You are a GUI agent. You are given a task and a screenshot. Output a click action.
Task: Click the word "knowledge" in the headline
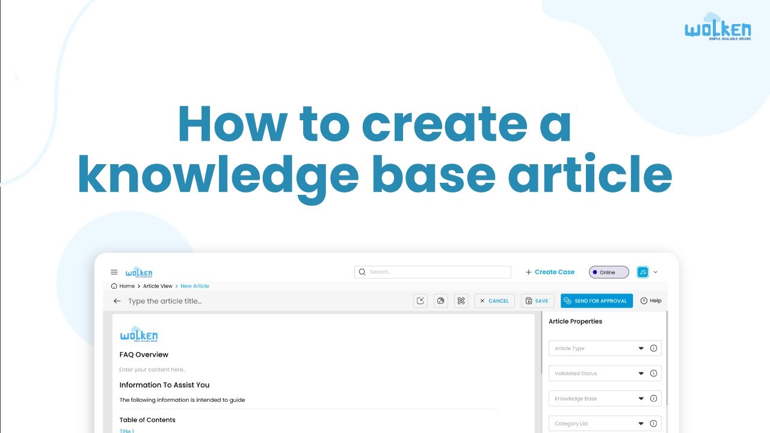[218, 176]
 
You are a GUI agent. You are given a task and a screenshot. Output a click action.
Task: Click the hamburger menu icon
[114, 272]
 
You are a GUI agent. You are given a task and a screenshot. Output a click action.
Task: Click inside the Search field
[433, 272]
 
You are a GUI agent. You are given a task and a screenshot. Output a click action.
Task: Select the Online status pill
[608, 272]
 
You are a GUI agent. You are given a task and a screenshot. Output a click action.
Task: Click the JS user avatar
[642, 272]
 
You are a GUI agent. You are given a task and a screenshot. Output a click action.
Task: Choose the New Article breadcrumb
[195, 286]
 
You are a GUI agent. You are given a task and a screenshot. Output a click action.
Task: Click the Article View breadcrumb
[158, 286]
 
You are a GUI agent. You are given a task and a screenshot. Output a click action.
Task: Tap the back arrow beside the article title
[117, 301]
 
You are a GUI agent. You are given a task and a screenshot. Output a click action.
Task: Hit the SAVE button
[536, 301]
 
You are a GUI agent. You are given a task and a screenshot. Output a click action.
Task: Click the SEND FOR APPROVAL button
[596, 301]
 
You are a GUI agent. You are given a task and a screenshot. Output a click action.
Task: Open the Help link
[651, 301]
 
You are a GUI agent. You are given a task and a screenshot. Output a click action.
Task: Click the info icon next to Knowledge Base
[653, 399]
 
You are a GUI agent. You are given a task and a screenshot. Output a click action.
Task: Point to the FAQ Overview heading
[144, 355]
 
